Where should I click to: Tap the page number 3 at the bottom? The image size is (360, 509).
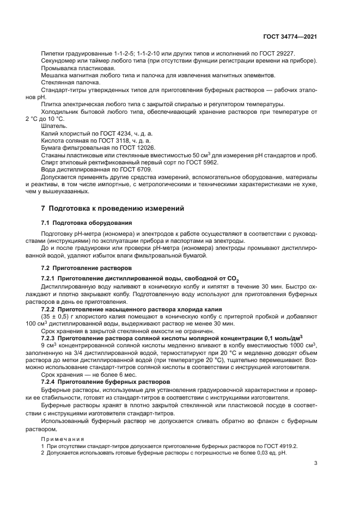(x=316, y=463)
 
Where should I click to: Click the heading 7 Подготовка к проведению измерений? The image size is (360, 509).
(x=113, y=208)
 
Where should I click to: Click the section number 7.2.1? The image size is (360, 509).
(x=51, y=278)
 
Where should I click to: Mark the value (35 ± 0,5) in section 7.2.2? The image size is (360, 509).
(x=57, y=316)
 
